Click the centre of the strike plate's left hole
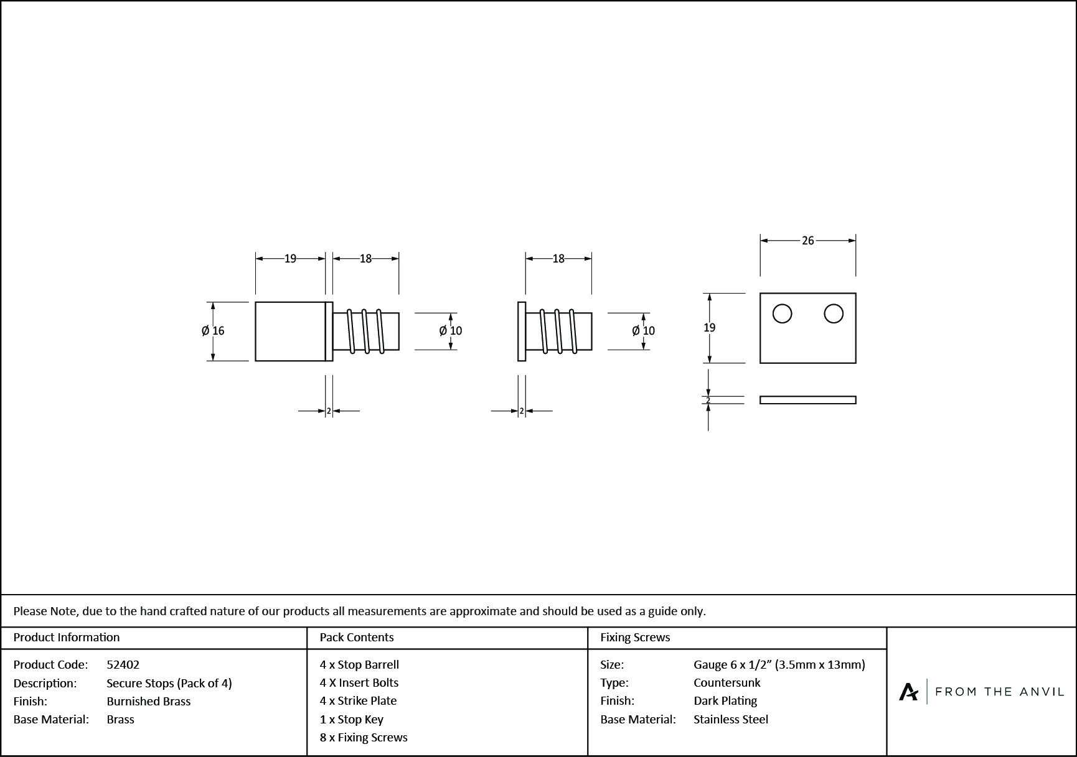pos(783,313)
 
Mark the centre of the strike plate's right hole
pos(834,313)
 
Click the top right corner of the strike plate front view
pos(856,293)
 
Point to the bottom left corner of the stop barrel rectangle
pos(255,361)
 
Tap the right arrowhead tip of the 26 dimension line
pos(856,240)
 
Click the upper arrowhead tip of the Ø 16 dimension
pos(213,302)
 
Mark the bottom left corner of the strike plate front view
pos(760,363)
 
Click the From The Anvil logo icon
pos(908,692)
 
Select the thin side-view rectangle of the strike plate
pos(808,400)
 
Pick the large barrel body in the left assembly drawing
pos(290,331)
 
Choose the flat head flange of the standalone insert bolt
pos(522,331)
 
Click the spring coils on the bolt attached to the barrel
pos(366,331)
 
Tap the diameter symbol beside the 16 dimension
pos(205,331)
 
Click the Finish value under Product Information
pos(149,701)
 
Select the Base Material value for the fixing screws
pos(731,719)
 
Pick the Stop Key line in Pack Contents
pos(352,719)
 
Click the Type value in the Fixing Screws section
pos(727,682)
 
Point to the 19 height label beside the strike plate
pos(709,328)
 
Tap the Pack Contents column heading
pos(357,637)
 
